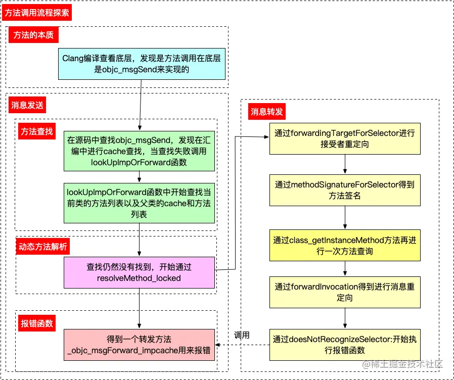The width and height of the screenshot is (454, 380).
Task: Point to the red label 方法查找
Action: [37, 131]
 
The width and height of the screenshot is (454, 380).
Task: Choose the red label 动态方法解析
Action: [44, 247]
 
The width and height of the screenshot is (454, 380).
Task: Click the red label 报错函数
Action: [37, 323]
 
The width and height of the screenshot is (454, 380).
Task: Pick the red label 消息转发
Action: [266, 112]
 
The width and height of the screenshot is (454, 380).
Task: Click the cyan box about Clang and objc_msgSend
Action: [142, 64]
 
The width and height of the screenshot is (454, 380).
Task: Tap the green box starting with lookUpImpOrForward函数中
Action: [139, 203]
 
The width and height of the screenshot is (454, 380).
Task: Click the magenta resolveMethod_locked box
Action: [139, 272]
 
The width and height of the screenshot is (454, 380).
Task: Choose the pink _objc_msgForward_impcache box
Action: [139, 345]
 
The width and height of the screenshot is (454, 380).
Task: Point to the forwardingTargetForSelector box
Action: [345, 139]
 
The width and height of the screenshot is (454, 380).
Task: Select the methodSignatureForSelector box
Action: [345, 191]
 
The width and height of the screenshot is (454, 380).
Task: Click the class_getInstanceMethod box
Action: [345, 245]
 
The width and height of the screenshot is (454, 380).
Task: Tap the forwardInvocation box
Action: [345, 293]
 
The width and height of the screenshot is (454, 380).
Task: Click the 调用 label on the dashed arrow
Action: [242, 335]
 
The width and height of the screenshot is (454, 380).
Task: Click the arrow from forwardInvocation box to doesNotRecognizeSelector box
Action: [345, 318]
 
